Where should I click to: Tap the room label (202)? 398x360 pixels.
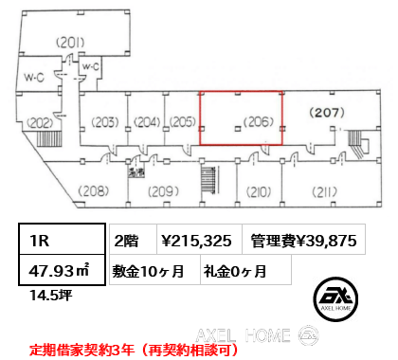[x=39, y=122]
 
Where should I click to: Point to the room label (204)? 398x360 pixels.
[x=146, y=120]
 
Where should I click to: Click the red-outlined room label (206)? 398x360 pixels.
[x=259, y=120]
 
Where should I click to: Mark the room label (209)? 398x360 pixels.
[x=164, y=191]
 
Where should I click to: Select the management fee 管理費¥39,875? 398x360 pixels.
[x=303, y=241]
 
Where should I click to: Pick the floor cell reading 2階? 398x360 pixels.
[x=128, y=241]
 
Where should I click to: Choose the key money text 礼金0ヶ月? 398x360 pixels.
[x=233, y=270]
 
